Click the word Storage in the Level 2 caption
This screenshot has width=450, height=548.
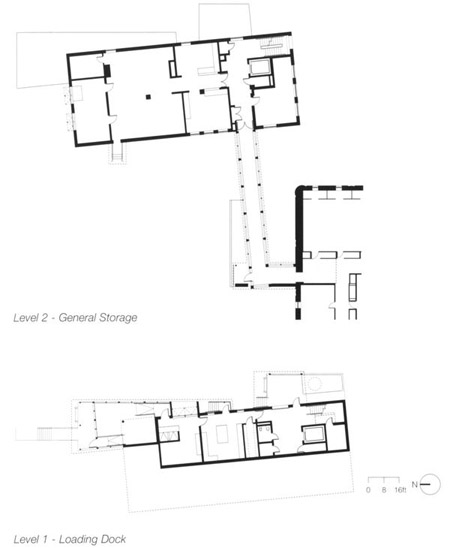(118, 318)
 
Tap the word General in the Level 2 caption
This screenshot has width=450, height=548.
(77, 318)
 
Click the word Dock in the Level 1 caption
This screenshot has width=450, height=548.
(112, 539)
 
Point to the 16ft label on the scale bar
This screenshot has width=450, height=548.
(400, 490)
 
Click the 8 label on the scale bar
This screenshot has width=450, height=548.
(384, 490)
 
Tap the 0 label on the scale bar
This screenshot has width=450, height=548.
(368, 490)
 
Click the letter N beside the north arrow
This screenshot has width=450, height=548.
(415, 484)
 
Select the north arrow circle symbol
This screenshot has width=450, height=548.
(430, 484)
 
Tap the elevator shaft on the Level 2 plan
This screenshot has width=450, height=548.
(260, 67)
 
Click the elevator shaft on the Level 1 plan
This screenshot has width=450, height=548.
(314, 434)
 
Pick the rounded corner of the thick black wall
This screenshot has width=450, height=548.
(299, 190)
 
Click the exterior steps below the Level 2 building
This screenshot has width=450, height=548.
(117, 153)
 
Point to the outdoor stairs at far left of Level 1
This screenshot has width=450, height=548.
(44, 434)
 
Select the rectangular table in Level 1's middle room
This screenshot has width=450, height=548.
(222, 433)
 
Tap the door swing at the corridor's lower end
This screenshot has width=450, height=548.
(248, 277)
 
